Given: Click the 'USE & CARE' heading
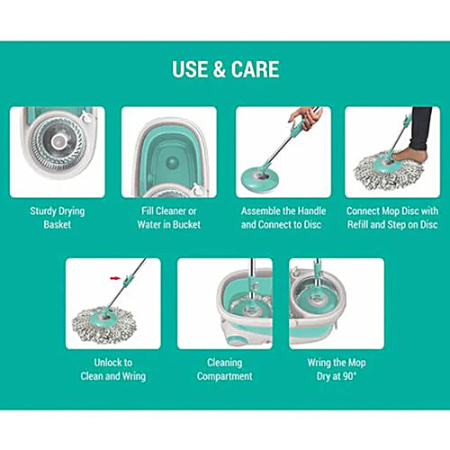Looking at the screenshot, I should point(225,69).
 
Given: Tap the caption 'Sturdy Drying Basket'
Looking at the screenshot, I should point(57,218).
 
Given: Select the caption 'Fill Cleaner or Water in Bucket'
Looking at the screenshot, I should point(168,218).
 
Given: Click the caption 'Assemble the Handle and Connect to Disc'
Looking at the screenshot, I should point(282,218).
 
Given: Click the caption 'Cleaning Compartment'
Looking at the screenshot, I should point(224,369).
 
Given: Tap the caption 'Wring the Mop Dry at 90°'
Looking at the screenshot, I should point(335,369).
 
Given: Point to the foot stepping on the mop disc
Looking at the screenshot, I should point(410,155).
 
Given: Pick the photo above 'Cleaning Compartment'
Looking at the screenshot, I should point(224,303).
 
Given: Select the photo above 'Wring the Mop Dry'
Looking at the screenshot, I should point(335,303).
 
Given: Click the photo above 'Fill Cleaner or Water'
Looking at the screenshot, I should point(168,151).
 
